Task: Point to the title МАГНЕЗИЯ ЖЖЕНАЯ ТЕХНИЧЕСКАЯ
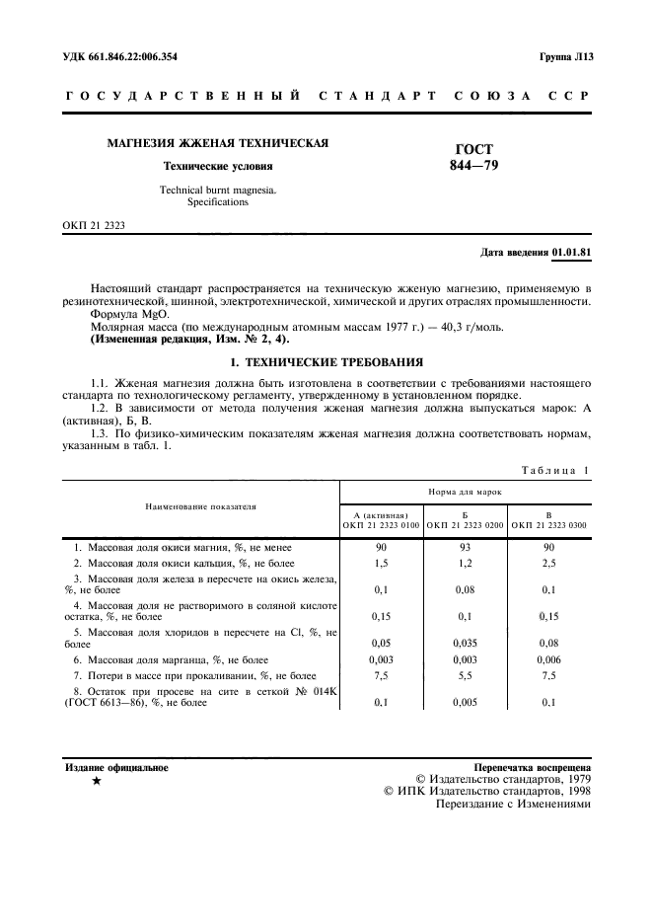point(217,144)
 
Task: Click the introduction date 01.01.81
point(571,252)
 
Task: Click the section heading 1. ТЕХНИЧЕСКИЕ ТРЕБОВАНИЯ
point(326,361)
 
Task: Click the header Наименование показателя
point(200,505)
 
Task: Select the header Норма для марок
point(465,490)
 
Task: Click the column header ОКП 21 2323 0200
point(465,525)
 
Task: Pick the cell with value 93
point(465,546)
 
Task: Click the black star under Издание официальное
point(96,781)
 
